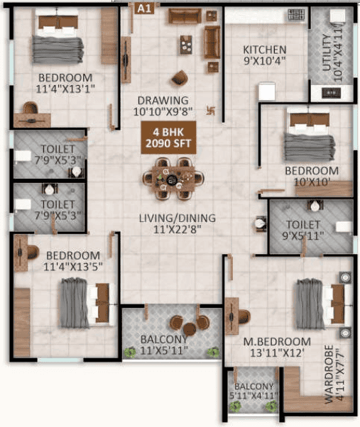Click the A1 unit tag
[x=144, y=9]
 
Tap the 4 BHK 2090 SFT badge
[x=168, y=138]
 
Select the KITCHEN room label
[x=265, y=50]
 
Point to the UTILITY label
[x=327, y=52]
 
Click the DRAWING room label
[x=163, y=101]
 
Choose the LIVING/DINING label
[x=178, y=218]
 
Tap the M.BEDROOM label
[x=277, y=341]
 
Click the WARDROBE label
[x=329, y=375]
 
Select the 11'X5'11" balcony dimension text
[x=164, y=350]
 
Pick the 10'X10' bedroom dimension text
[x=312, y=182]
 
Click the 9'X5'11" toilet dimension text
[x=303, y=235]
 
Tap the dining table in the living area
[x=173, y=179]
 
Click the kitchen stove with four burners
[x=296, y=15]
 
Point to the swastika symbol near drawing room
[x=211, y=111]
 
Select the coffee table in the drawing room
[x=186, y=45]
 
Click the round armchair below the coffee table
[x=180, y=77]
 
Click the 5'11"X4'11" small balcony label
[x=253, y=391]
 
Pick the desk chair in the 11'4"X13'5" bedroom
[x=33, y=253]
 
